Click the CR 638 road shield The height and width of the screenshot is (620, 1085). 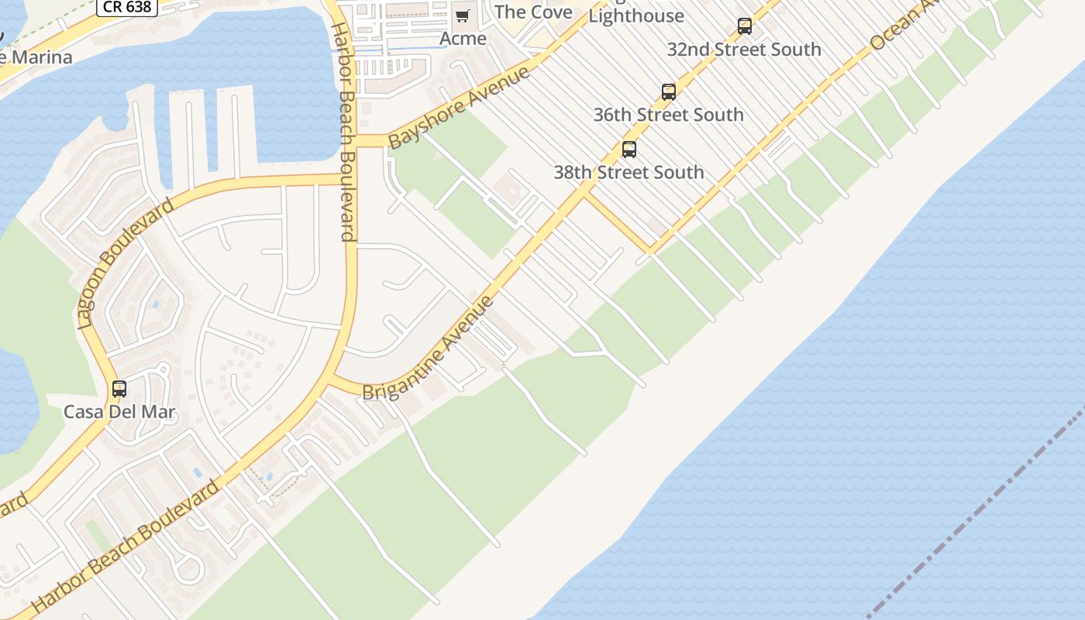[x=128, y=7]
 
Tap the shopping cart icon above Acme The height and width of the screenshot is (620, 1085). [x=463, y=16]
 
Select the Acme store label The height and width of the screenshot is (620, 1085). [x=463, y=38]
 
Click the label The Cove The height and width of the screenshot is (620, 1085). [x=533, y=12]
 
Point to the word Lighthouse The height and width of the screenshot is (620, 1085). [x=636, y=15]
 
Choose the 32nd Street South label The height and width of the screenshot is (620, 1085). [x=744, y=49]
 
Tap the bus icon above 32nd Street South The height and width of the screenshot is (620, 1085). [x=745, y=26]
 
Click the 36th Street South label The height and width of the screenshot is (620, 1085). [x=668, y=115]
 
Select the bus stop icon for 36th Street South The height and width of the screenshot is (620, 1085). [x=669, y=92]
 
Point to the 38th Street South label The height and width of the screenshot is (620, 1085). [x=629, y=172]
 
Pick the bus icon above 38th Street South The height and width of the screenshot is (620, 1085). [x=629, y=150]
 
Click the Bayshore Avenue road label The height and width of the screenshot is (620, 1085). [x=460, y=108]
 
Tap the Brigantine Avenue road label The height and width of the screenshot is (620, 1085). [x=429, y=348]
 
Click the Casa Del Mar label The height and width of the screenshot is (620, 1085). [x=119, y=412]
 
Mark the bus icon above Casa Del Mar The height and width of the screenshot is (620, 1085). [x=119, y=389]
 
